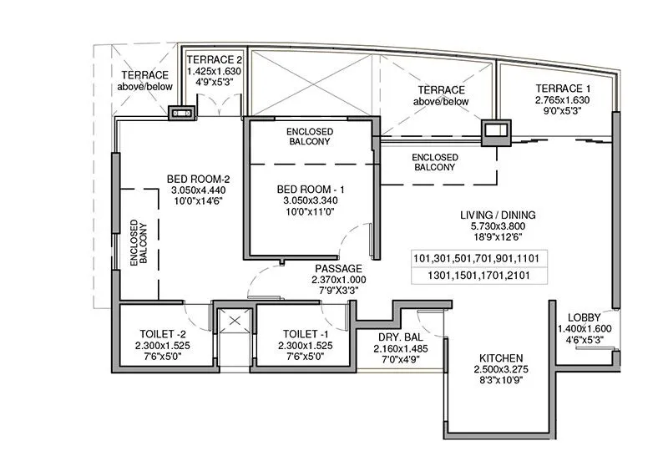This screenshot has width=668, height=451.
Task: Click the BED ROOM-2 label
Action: tap(193, 178)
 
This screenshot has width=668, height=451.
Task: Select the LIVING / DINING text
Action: tap(498, 215)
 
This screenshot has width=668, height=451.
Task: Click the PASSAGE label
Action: tap(338, 268)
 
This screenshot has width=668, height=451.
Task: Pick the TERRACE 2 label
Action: tap(214, 60)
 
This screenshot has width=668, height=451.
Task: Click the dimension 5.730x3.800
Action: tap(498, 226)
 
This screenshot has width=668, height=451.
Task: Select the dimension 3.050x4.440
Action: tap(193, 190)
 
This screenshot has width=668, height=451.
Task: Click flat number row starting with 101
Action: tap(470, 258)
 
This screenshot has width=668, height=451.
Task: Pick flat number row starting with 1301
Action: tap(470, 275)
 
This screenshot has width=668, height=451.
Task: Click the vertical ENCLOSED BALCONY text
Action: tap(139, 243)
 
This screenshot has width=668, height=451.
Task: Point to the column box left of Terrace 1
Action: tap(495, 130)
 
